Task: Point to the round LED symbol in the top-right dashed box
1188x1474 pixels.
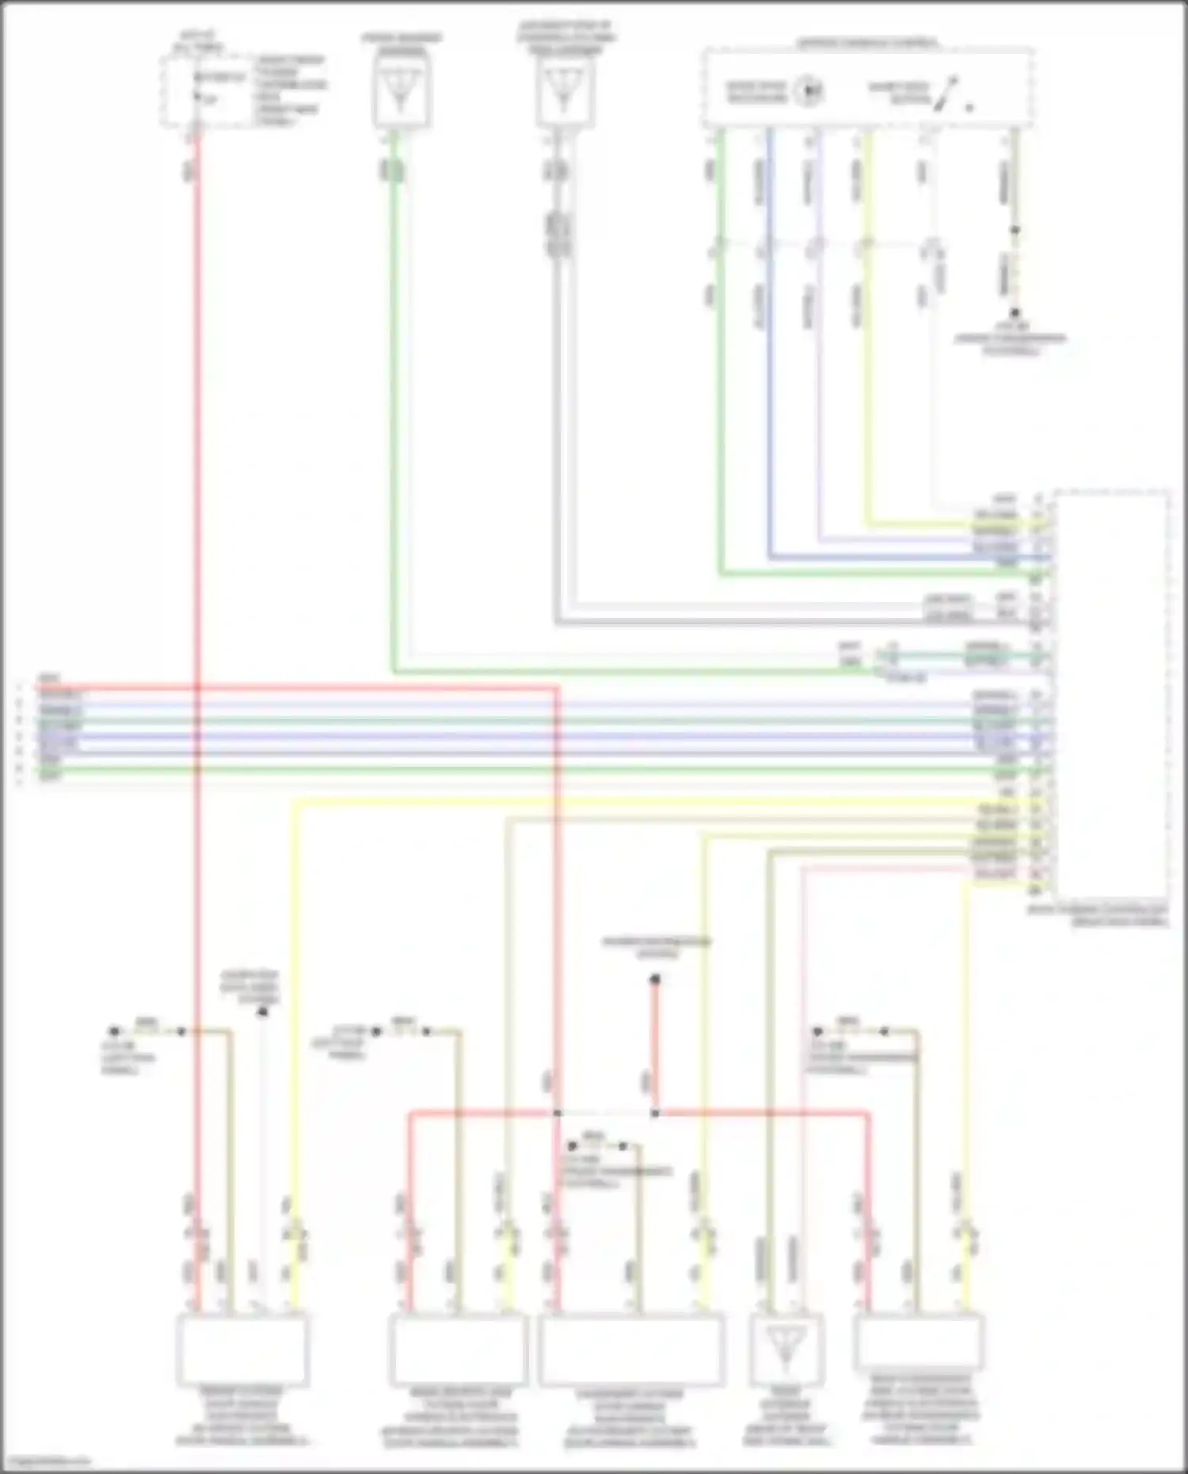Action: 810,91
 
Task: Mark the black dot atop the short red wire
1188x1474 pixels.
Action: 655,981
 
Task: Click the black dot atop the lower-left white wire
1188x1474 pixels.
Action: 263,1011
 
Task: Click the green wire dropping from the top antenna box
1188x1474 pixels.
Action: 394,396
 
